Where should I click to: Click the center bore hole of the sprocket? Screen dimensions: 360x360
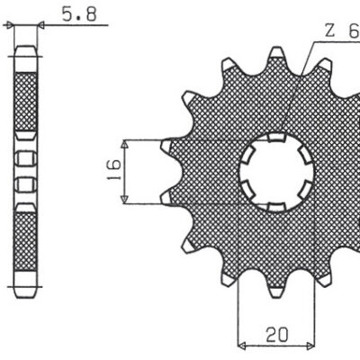(276, 170)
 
